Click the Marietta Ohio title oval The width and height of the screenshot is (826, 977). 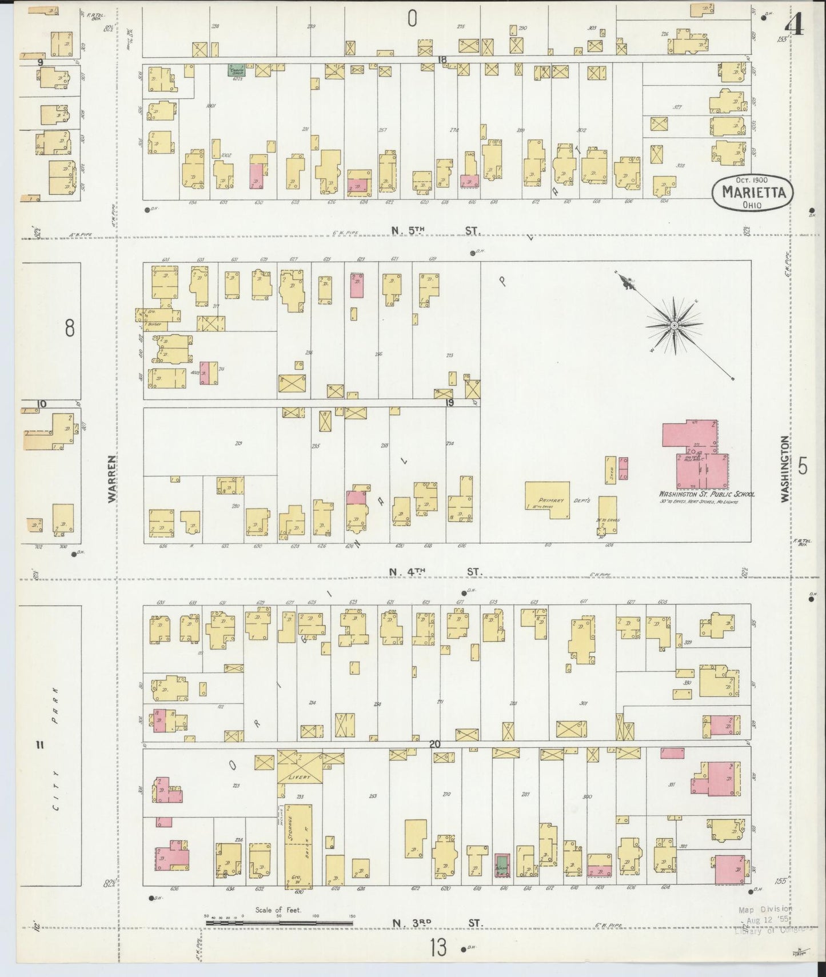tap(753, 193)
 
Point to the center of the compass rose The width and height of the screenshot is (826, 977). tap(674, 325)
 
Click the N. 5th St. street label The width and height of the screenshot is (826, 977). tap(436, 230)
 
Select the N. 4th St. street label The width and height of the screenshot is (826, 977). tap(436, 571)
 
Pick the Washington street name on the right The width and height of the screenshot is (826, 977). tap(785, 469)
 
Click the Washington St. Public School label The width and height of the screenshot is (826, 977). tap(707, 494)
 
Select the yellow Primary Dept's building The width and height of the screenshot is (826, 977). tap(548, 499)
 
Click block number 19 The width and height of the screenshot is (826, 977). tap(450, 403)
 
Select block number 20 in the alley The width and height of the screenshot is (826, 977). tap(434, 744)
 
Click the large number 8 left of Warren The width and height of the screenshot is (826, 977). tap(70, 329)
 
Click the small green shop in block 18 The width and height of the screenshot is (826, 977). tap(234, 71)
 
